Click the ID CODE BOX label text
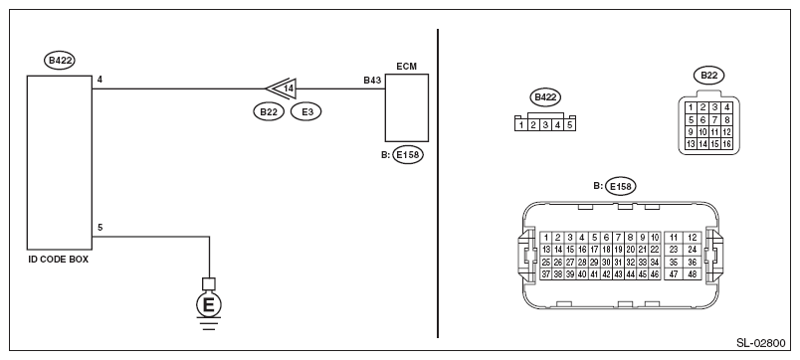(x=58, y=260)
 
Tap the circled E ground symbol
(x=209, y=305)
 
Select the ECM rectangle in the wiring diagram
(x=407, y=107)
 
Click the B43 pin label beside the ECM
(x=372, y=81)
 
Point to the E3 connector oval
(x=306, y=112)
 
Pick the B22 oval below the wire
(x=269, y=112)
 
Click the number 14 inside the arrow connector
(x=289, y=89)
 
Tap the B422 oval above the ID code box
(x=60, y=61)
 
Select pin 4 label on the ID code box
(x=100, y=80)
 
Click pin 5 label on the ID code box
(x=100, y=228)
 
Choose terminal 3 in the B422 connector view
(x=545, y=124)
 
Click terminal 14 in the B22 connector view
(x=702, y=144)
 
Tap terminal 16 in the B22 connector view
(x=726, y=144)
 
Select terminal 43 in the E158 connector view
(x=618, y=274)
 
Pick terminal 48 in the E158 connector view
(x=693, y=274)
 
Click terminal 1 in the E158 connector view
(x=546, y=237)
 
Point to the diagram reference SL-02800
(x=761, y=343)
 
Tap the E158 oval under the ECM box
(x=408, y=155)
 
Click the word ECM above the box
(x=406, y=67)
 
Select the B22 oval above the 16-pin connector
(x=708, y=76)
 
